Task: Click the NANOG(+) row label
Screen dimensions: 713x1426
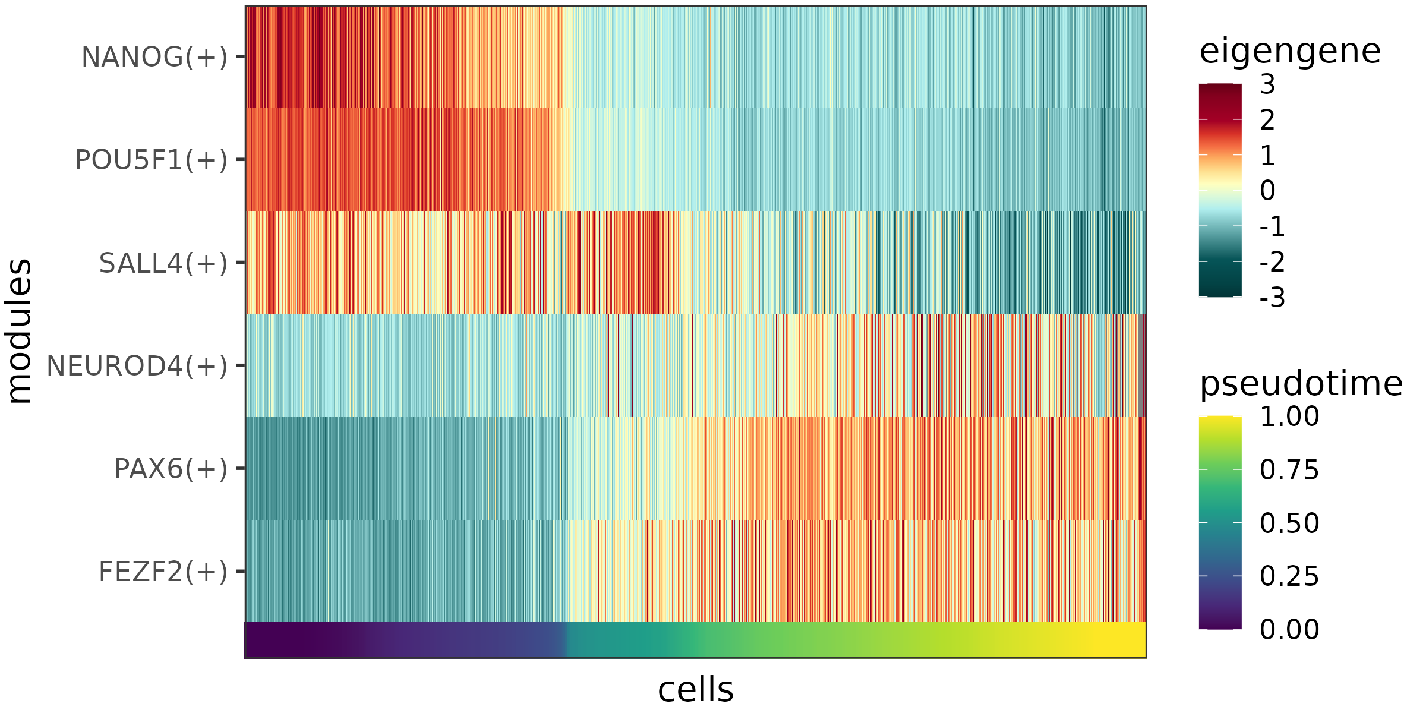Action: (x=154, y=58)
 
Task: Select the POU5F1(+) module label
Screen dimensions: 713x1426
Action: (x=151, y=160)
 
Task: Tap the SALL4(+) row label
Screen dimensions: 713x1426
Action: (x=163, y=263)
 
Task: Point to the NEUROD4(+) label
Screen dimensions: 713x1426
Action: (x=137, y=366)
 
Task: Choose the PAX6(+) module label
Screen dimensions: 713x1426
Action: (x=171, y=469)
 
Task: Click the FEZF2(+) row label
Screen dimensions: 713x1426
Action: (x=163, y=572)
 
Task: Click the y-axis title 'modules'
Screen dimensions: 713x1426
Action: (x=19, y=331)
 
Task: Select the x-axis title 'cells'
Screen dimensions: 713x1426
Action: (x=695, y=689)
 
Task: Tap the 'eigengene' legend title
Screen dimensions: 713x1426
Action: (x=1290, y=51)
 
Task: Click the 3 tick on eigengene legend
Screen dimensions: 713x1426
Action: (x=1267, y=84)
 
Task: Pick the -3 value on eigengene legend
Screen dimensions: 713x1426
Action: (x=1272, y=297)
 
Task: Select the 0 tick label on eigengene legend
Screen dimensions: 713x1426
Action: (x=1267, y=191)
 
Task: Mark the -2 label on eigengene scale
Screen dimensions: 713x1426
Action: (x=1272, y=261)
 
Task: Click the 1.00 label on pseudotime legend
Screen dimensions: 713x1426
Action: (x=1289, y=417)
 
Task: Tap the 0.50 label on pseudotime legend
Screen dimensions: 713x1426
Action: (x=1289, y=523)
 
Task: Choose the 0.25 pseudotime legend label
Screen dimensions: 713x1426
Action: (x=1289, y=576)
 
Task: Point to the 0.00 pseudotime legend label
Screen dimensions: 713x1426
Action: (x=1289, y=629)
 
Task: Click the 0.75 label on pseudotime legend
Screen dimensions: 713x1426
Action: (x=1289, y=470)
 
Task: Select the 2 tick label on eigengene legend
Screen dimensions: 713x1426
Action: (x=1267, y=120)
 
